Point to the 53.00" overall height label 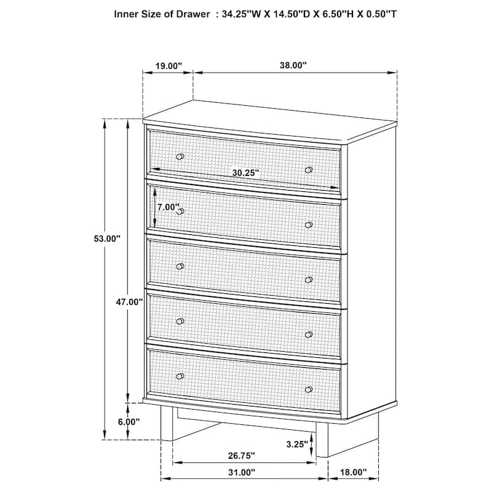coord(106,239)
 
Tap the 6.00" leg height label coord(129,422)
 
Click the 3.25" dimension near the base coord(296,443)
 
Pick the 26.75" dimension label coord(241,456)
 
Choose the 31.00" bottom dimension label coord(241,472)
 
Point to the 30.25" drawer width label coord(245,173)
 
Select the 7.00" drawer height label coord(167,207)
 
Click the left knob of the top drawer coord(180,157)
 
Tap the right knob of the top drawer coord(309,169)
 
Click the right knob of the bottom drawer coord(309,389)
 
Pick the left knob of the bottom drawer coord(180,376)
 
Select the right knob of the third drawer coord(309,280)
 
